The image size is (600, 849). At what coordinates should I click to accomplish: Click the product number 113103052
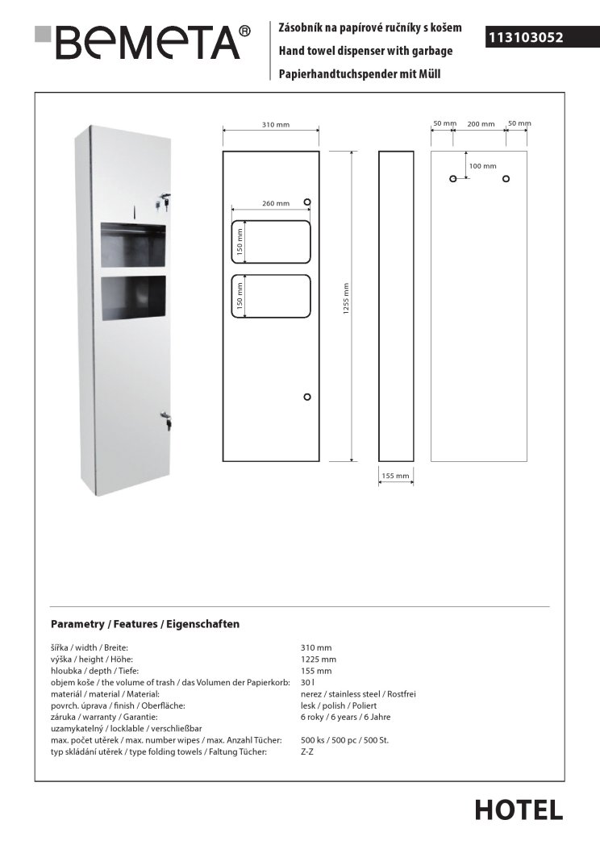(x=525, y=37)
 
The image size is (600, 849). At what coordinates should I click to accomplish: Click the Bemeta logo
(x=144, y=41)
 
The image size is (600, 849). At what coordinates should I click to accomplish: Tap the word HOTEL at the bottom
(x=519, y=809)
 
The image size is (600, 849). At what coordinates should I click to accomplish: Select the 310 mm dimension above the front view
(x=276, y=125)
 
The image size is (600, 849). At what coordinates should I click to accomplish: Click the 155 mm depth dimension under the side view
(x=395, y=477)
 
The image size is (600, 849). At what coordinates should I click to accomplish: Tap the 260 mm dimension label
(x=275, y=203)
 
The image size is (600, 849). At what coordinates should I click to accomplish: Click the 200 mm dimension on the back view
(x=481, y=124)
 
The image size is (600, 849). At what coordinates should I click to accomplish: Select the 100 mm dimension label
(x=482, y=165)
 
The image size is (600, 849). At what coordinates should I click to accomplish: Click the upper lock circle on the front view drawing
(x=306, y=202)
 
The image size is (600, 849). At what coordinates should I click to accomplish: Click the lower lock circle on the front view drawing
(x=306, y=397)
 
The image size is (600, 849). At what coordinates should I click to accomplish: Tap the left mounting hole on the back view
(x=453, y=178)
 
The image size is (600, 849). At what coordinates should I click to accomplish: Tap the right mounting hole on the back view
(x=506, y=178)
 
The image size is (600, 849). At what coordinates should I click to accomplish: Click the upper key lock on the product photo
(x=165, y=198)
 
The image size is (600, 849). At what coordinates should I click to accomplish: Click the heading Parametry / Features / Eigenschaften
(x=145, y=624)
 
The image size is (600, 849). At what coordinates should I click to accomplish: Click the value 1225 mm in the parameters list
(x=318, y=660)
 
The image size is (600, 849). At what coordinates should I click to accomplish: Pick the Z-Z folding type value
(x=307, y=751)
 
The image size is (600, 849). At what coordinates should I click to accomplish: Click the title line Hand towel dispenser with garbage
(x=365, y=51)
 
